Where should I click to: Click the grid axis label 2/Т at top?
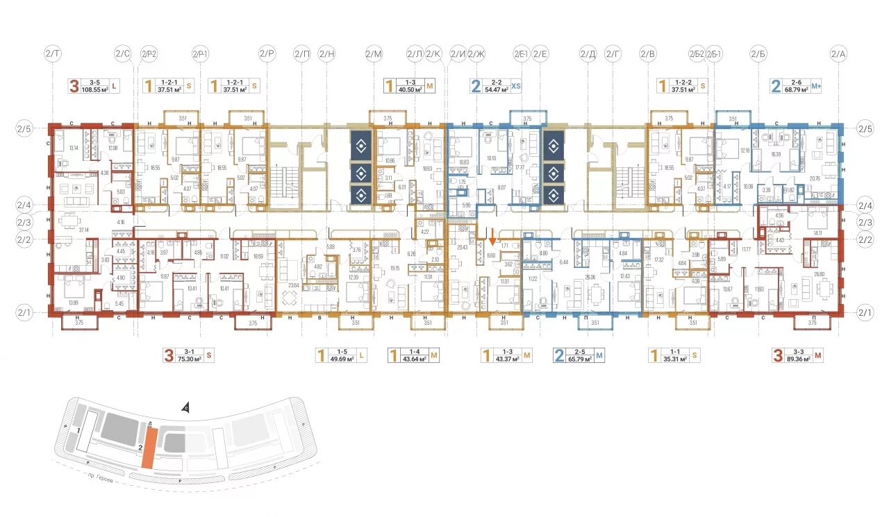click(x=53, y=53)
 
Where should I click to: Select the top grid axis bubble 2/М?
click(x=374, y=53)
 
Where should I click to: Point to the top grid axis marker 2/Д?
click(x=588, y=53)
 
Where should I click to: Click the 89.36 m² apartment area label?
click(x=798, y=359)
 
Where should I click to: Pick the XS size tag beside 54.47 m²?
click(x=516, y=86)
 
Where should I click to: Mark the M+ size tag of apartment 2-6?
click(x=815, y=86)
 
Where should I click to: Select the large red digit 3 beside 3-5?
click(x=73, y=86)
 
